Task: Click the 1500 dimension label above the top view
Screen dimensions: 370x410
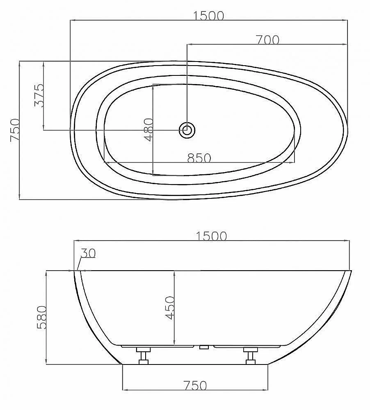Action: click(x=208, y=16)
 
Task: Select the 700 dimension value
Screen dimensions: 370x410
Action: click(x=267, y=40)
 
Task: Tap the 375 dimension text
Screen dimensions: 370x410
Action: click(x=39, y=95)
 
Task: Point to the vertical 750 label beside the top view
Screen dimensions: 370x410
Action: click(x=15, y=130)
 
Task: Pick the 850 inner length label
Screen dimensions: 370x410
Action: click(x=199, y=158)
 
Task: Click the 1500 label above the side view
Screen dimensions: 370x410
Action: click(x=211, y=236)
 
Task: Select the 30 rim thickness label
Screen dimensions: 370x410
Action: click(x=88, y=253)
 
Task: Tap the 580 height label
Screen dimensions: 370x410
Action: click(x=41, y=317)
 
